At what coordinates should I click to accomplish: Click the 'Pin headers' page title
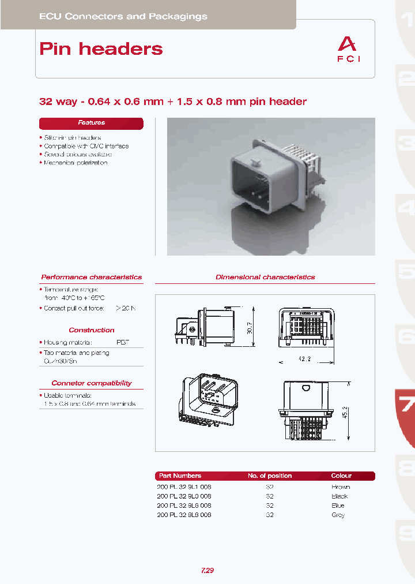[101, 49]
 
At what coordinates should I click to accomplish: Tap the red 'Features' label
[91, 123]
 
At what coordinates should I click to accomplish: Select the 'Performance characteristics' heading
[91, 277]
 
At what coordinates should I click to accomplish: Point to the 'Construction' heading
[91, 330]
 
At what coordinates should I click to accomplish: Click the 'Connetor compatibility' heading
[91, 383]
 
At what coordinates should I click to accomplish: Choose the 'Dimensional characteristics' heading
[265, 277]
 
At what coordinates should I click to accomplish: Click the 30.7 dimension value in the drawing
[249, 328]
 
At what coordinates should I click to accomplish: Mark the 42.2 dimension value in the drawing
[305, 358]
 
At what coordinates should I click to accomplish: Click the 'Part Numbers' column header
[180, 476]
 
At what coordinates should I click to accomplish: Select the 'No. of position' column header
[270, 476]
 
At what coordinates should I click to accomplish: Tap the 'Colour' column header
[341, 476]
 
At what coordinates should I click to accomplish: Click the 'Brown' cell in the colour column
[341, 487]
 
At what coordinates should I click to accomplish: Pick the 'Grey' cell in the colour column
[338, 515]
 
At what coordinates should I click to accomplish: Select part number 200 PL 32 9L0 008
[184, 496]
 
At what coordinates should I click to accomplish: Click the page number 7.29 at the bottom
[207, 571]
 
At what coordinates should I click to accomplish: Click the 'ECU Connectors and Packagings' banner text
[123, 17]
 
